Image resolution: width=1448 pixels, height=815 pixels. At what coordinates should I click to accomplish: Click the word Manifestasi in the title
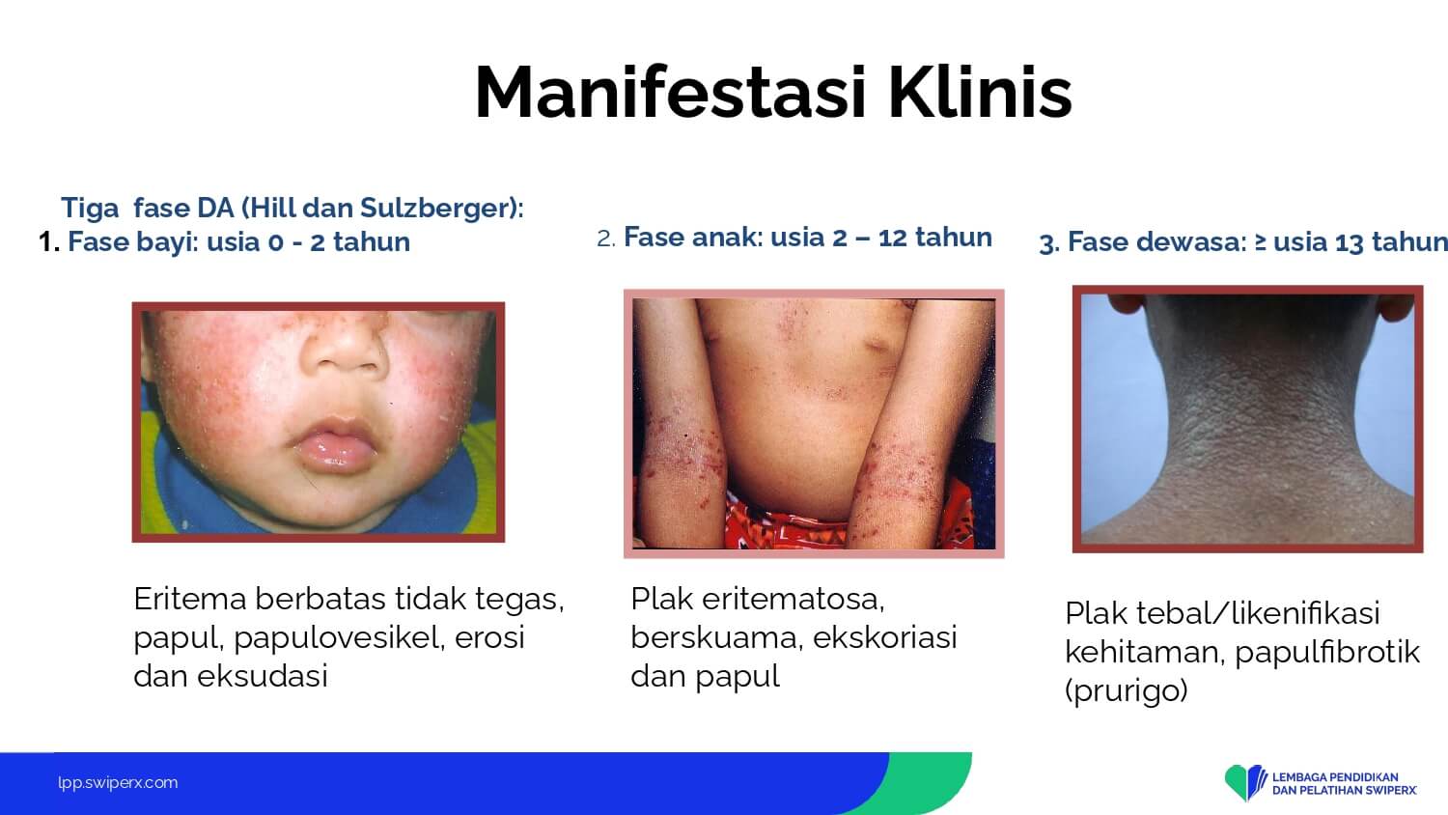(670, 92)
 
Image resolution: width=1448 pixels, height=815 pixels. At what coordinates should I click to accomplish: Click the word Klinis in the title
(981, 92)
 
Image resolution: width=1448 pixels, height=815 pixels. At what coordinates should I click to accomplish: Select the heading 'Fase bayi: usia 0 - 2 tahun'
(238, 242)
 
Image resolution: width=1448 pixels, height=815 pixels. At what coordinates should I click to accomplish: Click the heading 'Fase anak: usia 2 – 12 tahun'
(807, 238)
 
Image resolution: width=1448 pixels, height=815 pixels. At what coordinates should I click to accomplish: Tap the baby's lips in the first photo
(334, 445)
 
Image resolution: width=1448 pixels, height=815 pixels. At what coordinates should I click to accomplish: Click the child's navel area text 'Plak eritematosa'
(757, 599)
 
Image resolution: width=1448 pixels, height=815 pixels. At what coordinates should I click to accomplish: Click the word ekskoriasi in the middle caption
(883, 637)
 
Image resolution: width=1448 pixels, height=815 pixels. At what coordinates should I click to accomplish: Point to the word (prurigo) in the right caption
(1127, 690)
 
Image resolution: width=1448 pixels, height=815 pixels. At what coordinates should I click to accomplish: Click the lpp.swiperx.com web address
(118, 783)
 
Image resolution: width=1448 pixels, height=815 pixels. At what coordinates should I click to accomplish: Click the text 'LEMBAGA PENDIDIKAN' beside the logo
(1335, 777)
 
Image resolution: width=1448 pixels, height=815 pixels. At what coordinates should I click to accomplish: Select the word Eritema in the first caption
(190, 599)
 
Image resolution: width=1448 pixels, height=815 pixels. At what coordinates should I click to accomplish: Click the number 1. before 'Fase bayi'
(49, 242)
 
